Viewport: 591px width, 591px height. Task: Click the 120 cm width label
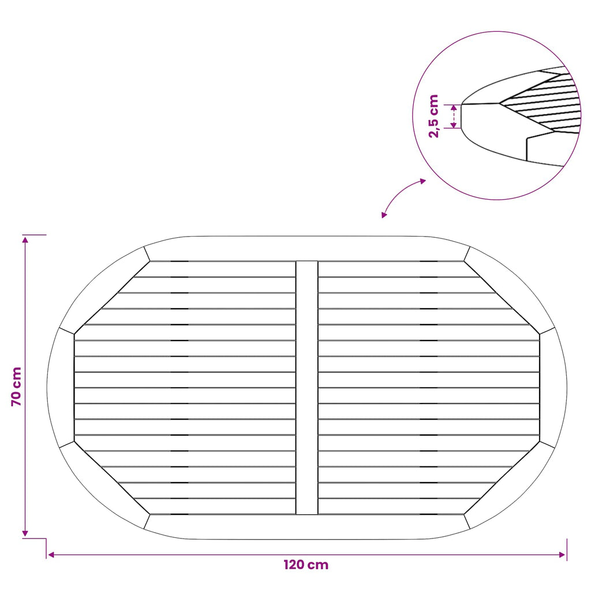[x=306, y=564]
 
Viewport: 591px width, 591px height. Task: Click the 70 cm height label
[x=17, y=386]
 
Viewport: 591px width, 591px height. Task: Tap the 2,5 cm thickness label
[x=434, y=116]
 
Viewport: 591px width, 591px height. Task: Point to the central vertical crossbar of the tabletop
[x=307, y=387]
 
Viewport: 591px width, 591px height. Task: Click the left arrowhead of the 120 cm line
[x=51, y=555]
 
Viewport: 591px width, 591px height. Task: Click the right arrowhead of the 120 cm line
[x=562, y=555]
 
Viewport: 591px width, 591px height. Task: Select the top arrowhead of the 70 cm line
[x=25, y=240]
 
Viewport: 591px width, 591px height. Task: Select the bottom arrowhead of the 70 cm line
[x=25, y=533]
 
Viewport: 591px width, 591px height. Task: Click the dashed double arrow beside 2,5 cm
[x=454, y=116]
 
